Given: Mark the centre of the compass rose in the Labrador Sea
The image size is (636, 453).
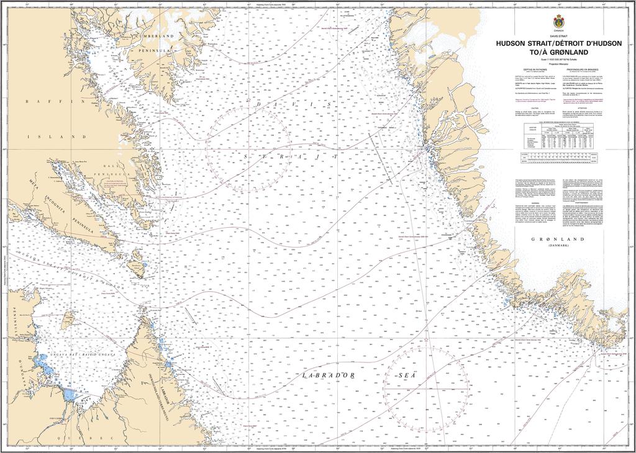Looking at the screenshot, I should pyautogui.click(x=425, y=387).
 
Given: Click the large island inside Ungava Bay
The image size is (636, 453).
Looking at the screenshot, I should pyautogui.click(x=68, y=319).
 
